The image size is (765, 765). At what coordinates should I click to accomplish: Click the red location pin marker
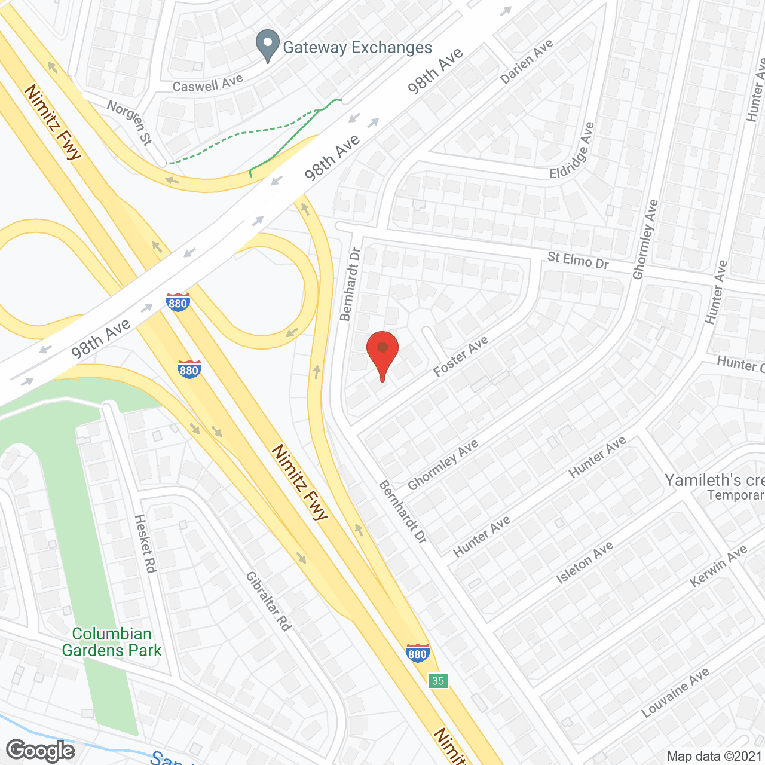382,353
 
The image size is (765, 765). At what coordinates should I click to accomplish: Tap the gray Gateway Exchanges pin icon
268,45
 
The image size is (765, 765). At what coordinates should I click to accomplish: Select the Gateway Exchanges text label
357,48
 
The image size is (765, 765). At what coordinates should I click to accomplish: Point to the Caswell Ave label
207,83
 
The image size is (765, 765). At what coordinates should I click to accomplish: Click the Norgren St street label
129,123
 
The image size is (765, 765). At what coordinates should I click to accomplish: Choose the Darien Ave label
527,61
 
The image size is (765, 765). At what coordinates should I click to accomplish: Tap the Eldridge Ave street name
573,151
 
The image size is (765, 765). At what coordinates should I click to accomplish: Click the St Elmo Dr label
578,260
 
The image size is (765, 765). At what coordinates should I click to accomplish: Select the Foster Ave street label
461,356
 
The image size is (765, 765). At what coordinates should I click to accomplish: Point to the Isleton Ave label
585,562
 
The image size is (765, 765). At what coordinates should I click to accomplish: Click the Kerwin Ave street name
718,566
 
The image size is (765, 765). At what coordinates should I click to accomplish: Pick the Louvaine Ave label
675,693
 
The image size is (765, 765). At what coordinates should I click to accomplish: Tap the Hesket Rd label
145,543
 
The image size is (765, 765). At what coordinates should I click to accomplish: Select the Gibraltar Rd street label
269,601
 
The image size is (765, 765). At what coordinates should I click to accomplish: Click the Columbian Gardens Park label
112,642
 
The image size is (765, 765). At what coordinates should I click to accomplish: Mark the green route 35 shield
438,680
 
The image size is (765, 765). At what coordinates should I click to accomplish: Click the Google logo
41,751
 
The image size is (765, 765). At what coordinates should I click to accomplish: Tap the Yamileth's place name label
714,480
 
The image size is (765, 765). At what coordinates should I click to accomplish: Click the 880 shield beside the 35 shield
417,653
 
